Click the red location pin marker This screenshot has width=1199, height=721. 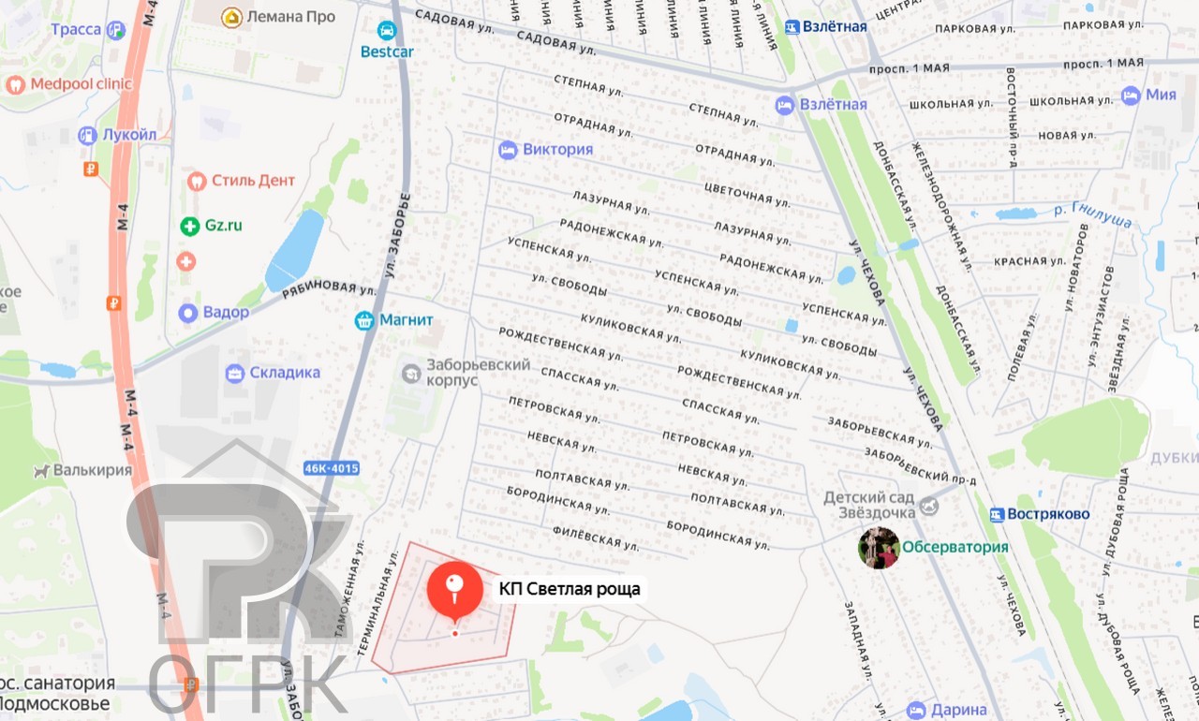point(455,587)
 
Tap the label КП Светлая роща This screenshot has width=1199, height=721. point(570,589)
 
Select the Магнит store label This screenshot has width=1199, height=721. point(406,320)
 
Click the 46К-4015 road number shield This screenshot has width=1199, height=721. point(332,468)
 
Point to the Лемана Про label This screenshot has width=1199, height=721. point(291,17)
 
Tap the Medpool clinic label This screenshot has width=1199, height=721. point(81,84)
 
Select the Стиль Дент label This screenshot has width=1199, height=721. point(253,181)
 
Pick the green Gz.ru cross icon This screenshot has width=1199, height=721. point(190,226)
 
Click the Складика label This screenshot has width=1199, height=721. point(284,373)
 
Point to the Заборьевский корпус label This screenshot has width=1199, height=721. point(465,373)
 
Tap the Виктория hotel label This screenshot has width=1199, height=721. point(557,150)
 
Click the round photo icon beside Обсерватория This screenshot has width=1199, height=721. point(879,548)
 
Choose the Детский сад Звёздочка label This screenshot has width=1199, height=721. point(869,505)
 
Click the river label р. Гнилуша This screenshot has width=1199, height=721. point(1092,216)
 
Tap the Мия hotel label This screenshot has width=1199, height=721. point(1161,95)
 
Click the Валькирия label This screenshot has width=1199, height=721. point(92,470)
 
